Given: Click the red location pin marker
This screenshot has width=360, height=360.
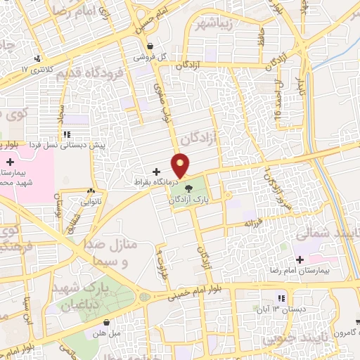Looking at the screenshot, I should [181, 165].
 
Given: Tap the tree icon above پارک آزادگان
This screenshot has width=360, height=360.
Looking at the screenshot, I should [188, 187].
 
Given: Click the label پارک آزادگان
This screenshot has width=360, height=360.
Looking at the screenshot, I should [189, 200].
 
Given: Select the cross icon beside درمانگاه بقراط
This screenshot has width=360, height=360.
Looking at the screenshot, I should [156, 172].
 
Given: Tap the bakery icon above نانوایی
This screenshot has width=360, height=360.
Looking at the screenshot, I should [91, 191].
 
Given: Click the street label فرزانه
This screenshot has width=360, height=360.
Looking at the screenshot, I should [257, 222].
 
